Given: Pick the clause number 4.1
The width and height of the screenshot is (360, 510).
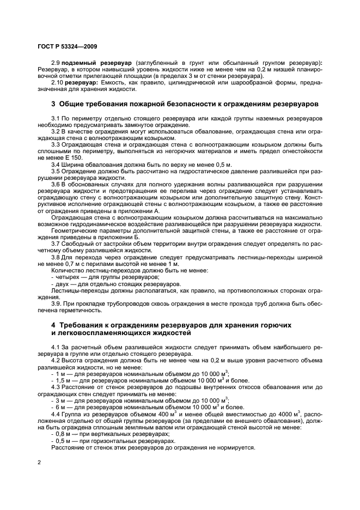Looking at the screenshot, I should point(56,347).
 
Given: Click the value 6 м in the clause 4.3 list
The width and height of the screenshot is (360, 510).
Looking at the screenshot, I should point(62,406).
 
